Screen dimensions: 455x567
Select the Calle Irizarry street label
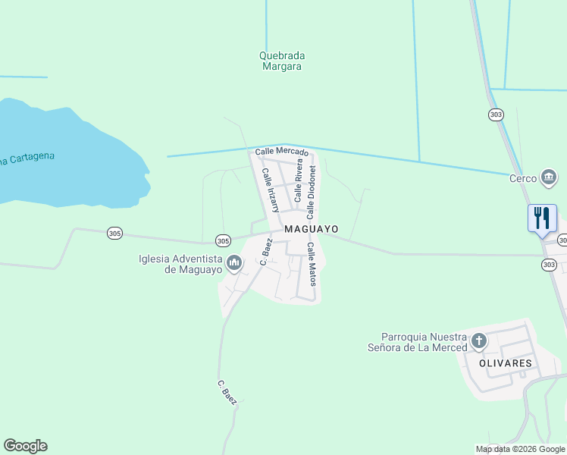271,190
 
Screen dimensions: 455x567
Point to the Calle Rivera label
299,180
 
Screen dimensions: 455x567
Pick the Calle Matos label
311,264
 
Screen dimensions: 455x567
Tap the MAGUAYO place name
311,229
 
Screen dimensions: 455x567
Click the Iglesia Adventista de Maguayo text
180,264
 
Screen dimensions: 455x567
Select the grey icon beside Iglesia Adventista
233,264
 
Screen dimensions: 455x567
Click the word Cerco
523,179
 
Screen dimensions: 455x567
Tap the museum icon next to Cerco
548,178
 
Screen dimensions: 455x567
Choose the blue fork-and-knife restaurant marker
542,218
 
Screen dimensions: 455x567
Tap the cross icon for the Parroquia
478,341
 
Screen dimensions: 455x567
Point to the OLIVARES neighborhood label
505,363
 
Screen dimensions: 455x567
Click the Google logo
25,446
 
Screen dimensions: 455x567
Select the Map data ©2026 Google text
520,449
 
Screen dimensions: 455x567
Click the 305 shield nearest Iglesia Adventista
222,240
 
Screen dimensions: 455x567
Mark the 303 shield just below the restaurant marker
549,265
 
